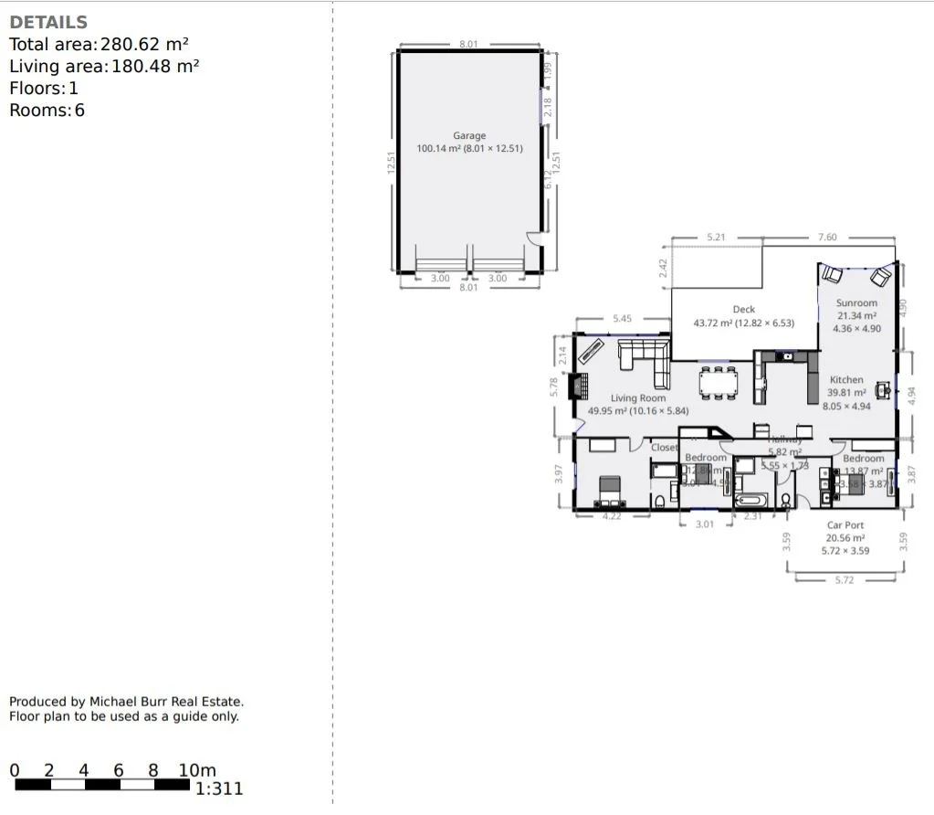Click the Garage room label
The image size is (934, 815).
469,136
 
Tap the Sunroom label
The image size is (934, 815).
856,303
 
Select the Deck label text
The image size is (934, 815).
743,310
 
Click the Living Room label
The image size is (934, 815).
638,398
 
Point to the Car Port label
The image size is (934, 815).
845,525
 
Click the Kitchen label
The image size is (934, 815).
845,380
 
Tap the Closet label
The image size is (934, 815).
664,448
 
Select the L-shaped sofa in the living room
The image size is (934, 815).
643,359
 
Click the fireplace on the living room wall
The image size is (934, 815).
576,388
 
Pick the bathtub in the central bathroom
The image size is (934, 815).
753,500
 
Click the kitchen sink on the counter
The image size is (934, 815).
785,355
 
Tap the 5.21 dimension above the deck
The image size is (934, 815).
717,238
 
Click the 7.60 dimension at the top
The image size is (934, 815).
825,238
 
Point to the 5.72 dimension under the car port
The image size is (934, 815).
845,580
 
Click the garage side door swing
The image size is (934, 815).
532,239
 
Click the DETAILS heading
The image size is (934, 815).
48,23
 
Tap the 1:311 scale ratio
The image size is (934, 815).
219,789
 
